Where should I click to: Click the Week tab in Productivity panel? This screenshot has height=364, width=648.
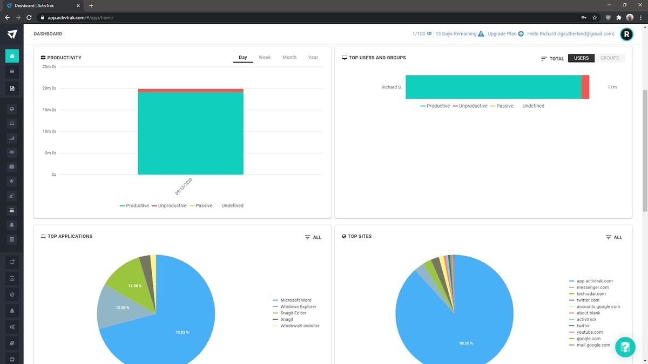pyautogui.click(x=265, y=57)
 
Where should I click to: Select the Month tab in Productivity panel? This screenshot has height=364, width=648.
pyautogui.click(x=289, y=57)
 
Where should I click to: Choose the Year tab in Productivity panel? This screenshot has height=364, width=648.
pyautogui.click(x=313, y=57)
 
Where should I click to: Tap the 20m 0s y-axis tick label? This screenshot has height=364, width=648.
pyautogui.click(x=50, y=88)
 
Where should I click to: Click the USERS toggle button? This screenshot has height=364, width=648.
pyautogui.click(x=581, y=58)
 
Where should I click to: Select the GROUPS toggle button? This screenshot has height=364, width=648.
pyautogui.click(x=610, y=58)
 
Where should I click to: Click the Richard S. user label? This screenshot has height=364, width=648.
pyautogui.click(x=391, y=87)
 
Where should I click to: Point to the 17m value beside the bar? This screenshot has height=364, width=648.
pyautogui.click(x=612, y=87)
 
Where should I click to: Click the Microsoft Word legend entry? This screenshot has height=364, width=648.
pyautogui.click(x=295, y=300)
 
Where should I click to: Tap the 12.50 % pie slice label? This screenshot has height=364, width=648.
pyautogui.click(x=123, y=308)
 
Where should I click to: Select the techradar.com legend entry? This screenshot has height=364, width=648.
pyautogui.click(x=591, y=294)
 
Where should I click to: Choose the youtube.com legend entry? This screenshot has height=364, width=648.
pyautogui.click(x=589, y=332)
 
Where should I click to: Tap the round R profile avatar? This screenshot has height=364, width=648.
pyautogui.click(x=626, y=34)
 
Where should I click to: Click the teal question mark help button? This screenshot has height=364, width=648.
pyautogui.click(x=625, y=347)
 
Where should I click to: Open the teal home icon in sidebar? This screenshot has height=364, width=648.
pyautogui.click(x=12, y=56)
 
